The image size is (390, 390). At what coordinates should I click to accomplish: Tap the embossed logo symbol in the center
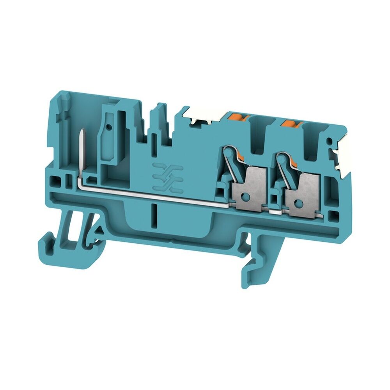click(168, 177)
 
